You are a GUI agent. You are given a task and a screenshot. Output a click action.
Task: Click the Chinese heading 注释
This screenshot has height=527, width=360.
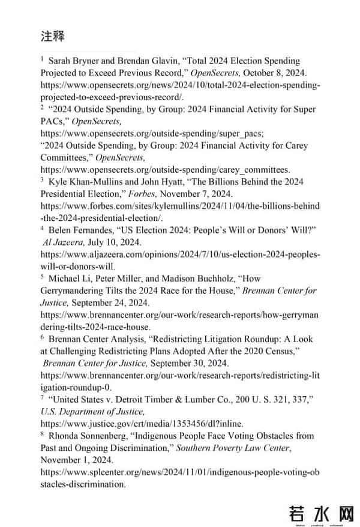[53, 36]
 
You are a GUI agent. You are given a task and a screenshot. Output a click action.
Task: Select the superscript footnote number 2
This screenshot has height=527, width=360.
[43, 107]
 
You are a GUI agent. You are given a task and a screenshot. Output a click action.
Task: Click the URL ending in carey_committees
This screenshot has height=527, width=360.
[165, 169]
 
